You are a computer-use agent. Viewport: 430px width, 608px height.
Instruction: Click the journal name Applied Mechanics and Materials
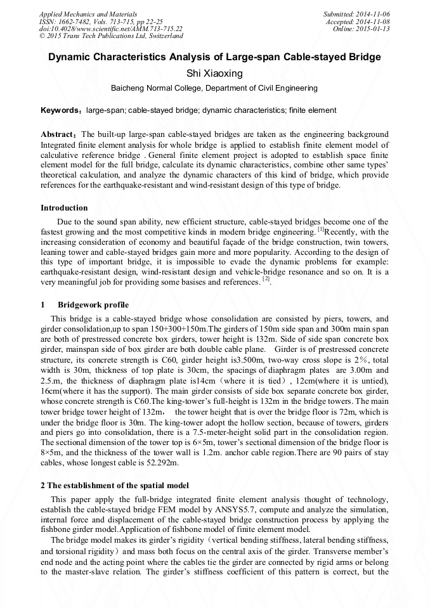pyautogui.click(x=88, y=13)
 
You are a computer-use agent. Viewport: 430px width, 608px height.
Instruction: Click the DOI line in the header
pyautogui.click(x=110, y=29)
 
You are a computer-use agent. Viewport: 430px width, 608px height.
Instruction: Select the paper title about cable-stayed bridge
pyautogui.click(x=214, y=57)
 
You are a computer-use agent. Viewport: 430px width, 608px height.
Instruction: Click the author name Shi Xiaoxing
pyautogui.click(x=214, y=74)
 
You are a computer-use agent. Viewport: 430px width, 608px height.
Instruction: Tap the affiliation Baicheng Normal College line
pyautogui.click(x=214, y=88)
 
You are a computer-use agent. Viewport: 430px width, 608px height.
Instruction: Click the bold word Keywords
pyautogui.click(x=61, y=110)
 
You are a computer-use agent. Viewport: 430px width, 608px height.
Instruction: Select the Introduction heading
pyautogui.click(x=64, y=208)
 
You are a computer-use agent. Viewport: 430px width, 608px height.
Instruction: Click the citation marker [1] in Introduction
pyautogui.click(x=320, y=229)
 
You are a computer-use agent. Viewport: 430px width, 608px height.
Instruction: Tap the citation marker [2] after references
pyautogui.click(x=266, y=278)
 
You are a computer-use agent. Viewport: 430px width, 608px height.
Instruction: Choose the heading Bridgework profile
pyautogui.click(x=93, y=305)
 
